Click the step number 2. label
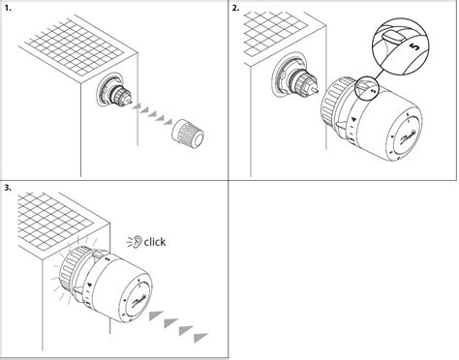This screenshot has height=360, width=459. [236, 8]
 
